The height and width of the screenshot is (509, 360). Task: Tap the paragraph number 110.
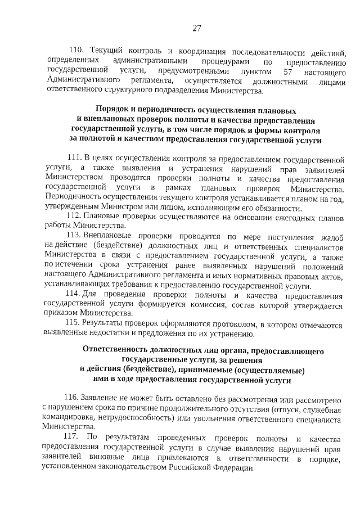75,53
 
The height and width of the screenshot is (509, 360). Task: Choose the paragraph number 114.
74,295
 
